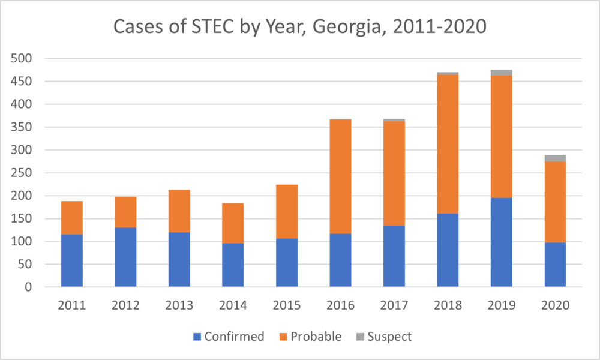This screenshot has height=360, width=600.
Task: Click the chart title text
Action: click(x=299, y=28)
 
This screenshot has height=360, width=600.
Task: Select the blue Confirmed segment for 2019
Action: click(x=502, y=242)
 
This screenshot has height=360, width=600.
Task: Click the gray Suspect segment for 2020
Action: click(x=555, y=158)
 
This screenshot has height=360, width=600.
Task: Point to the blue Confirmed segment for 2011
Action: click(x=72, y=260)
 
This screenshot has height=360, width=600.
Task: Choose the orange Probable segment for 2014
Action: click(x=233, y=223)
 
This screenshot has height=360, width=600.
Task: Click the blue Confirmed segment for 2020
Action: click(x=555, y=265)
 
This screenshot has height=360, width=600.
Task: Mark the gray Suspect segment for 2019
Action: click(x=502, y=73)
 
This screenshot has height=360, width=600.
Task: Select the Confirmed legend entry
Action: click(x=229, y=337)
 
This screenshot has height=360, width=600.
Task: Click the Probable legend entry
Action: click(x=310, y=337)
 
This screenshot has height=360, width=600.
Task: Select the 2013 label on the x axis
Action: click(x=179, y=304)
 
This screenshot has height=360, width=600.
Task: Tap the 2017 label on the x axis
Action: click(x=394, y=304)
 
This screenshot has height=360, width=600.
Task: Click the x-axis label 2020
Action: click(x=555, y=304)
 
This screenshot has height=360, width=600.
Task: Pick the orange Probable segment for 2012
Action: click(x=125, y=212)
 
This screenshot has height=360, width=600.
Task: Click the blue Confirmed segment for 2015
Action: click(x=287, y=263)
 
